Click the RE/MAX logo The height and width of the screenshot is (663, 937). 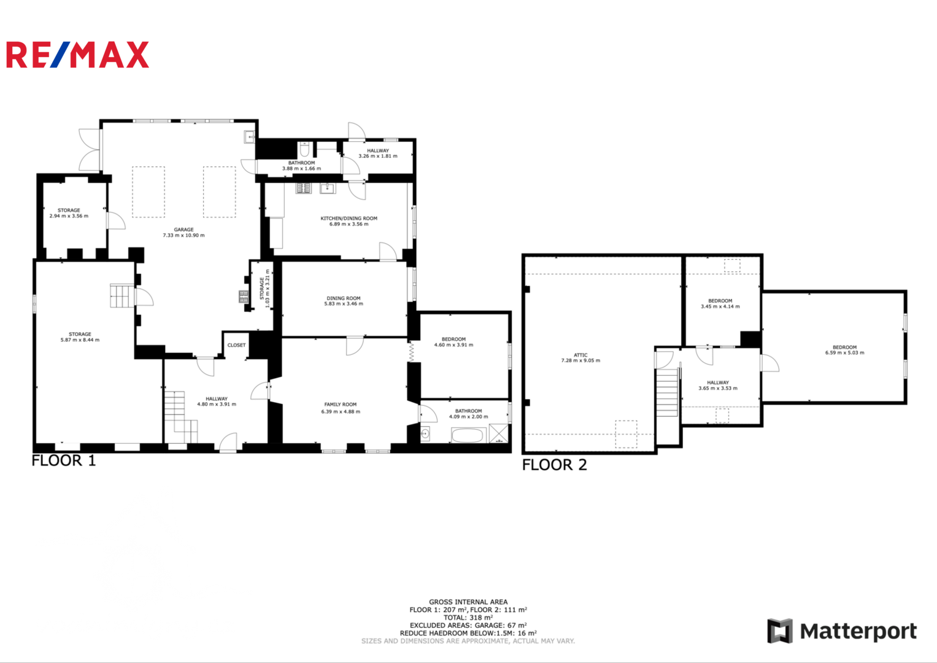[77, 55]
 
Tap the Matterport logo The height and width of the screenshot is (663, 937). [842, 631]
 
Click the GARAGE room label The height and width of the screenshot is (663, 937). [183, 230]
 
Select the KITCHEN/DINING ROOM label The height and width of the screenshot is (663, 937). [349, 218]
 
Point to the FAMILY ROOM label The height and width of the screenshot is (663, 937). [341, 405]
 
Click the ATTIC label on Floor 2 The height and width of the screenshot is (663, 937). [580, 355]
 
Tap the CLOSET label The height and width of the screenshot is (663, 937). [236, 345]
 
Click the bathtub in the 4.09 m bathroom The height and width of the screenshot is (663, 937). [469, 435]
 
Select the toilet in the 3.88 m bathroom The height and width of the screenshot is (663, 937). [304, 149]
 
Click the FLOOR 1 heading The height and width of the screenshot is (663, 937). [64, 461]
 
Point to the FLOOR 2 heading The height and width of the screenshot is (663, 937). [554, 465]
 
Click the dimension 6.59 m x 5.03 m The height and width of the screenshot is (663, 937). [844, 353]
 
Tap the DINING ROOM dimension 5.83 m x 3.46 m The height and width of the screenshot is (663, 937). [344, 304]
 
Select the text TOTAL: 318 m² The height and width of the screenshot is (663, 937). [468, 618]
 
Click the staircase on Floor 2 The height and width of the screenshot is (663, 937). [667, 393]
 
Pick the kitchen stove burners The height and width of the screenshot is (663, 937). [304, 188]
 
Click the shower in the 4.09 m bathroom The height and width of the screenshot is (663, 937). [498, 433]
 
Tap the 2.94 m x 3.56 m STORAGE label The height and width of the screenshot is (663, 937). [69, 213]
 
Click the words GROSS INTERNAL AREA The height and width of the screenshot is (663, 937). [468, 602]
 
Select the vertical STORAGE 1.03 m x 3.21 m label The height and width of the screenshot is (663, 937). [265, 289]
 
